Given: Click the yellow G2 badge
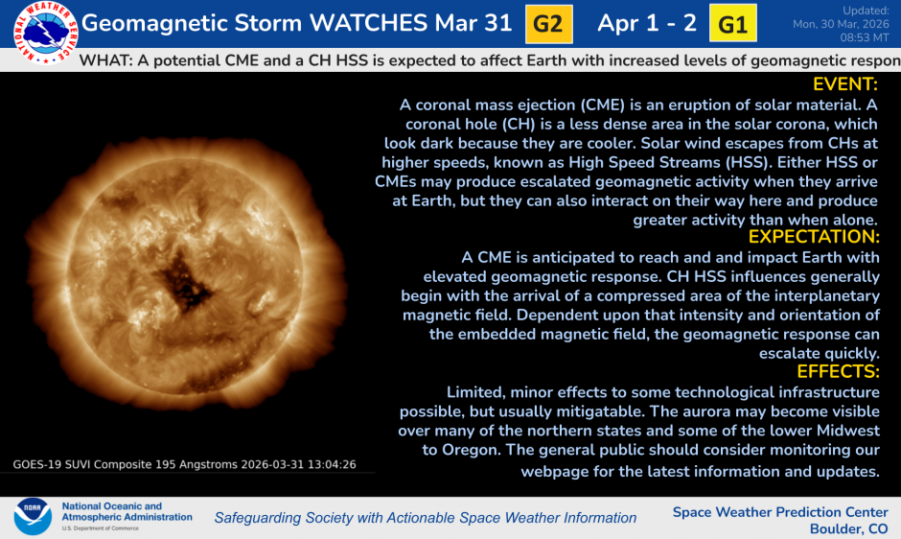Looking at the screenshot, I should (x=547, y=25).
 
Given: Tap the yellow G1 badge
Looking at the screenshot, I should (x=732, y=25).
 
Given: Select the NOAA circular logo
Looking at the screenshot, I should (x=33, y=517).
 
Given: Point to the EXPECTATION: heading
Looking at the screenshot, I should (x=814, y=237).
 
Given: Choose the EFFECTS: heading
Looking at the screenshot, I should (x=838, y=372).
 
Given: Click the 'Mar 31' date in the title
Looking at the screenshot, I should (x=476, y=24).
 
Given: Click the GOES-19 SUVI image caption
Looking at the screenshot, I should (x=184, y=464).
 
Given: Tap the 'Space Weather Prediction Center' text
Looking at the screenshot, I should (x=779, y=512).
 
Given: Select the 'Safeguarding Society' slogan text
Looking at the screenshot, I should (x=425, y=518).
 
